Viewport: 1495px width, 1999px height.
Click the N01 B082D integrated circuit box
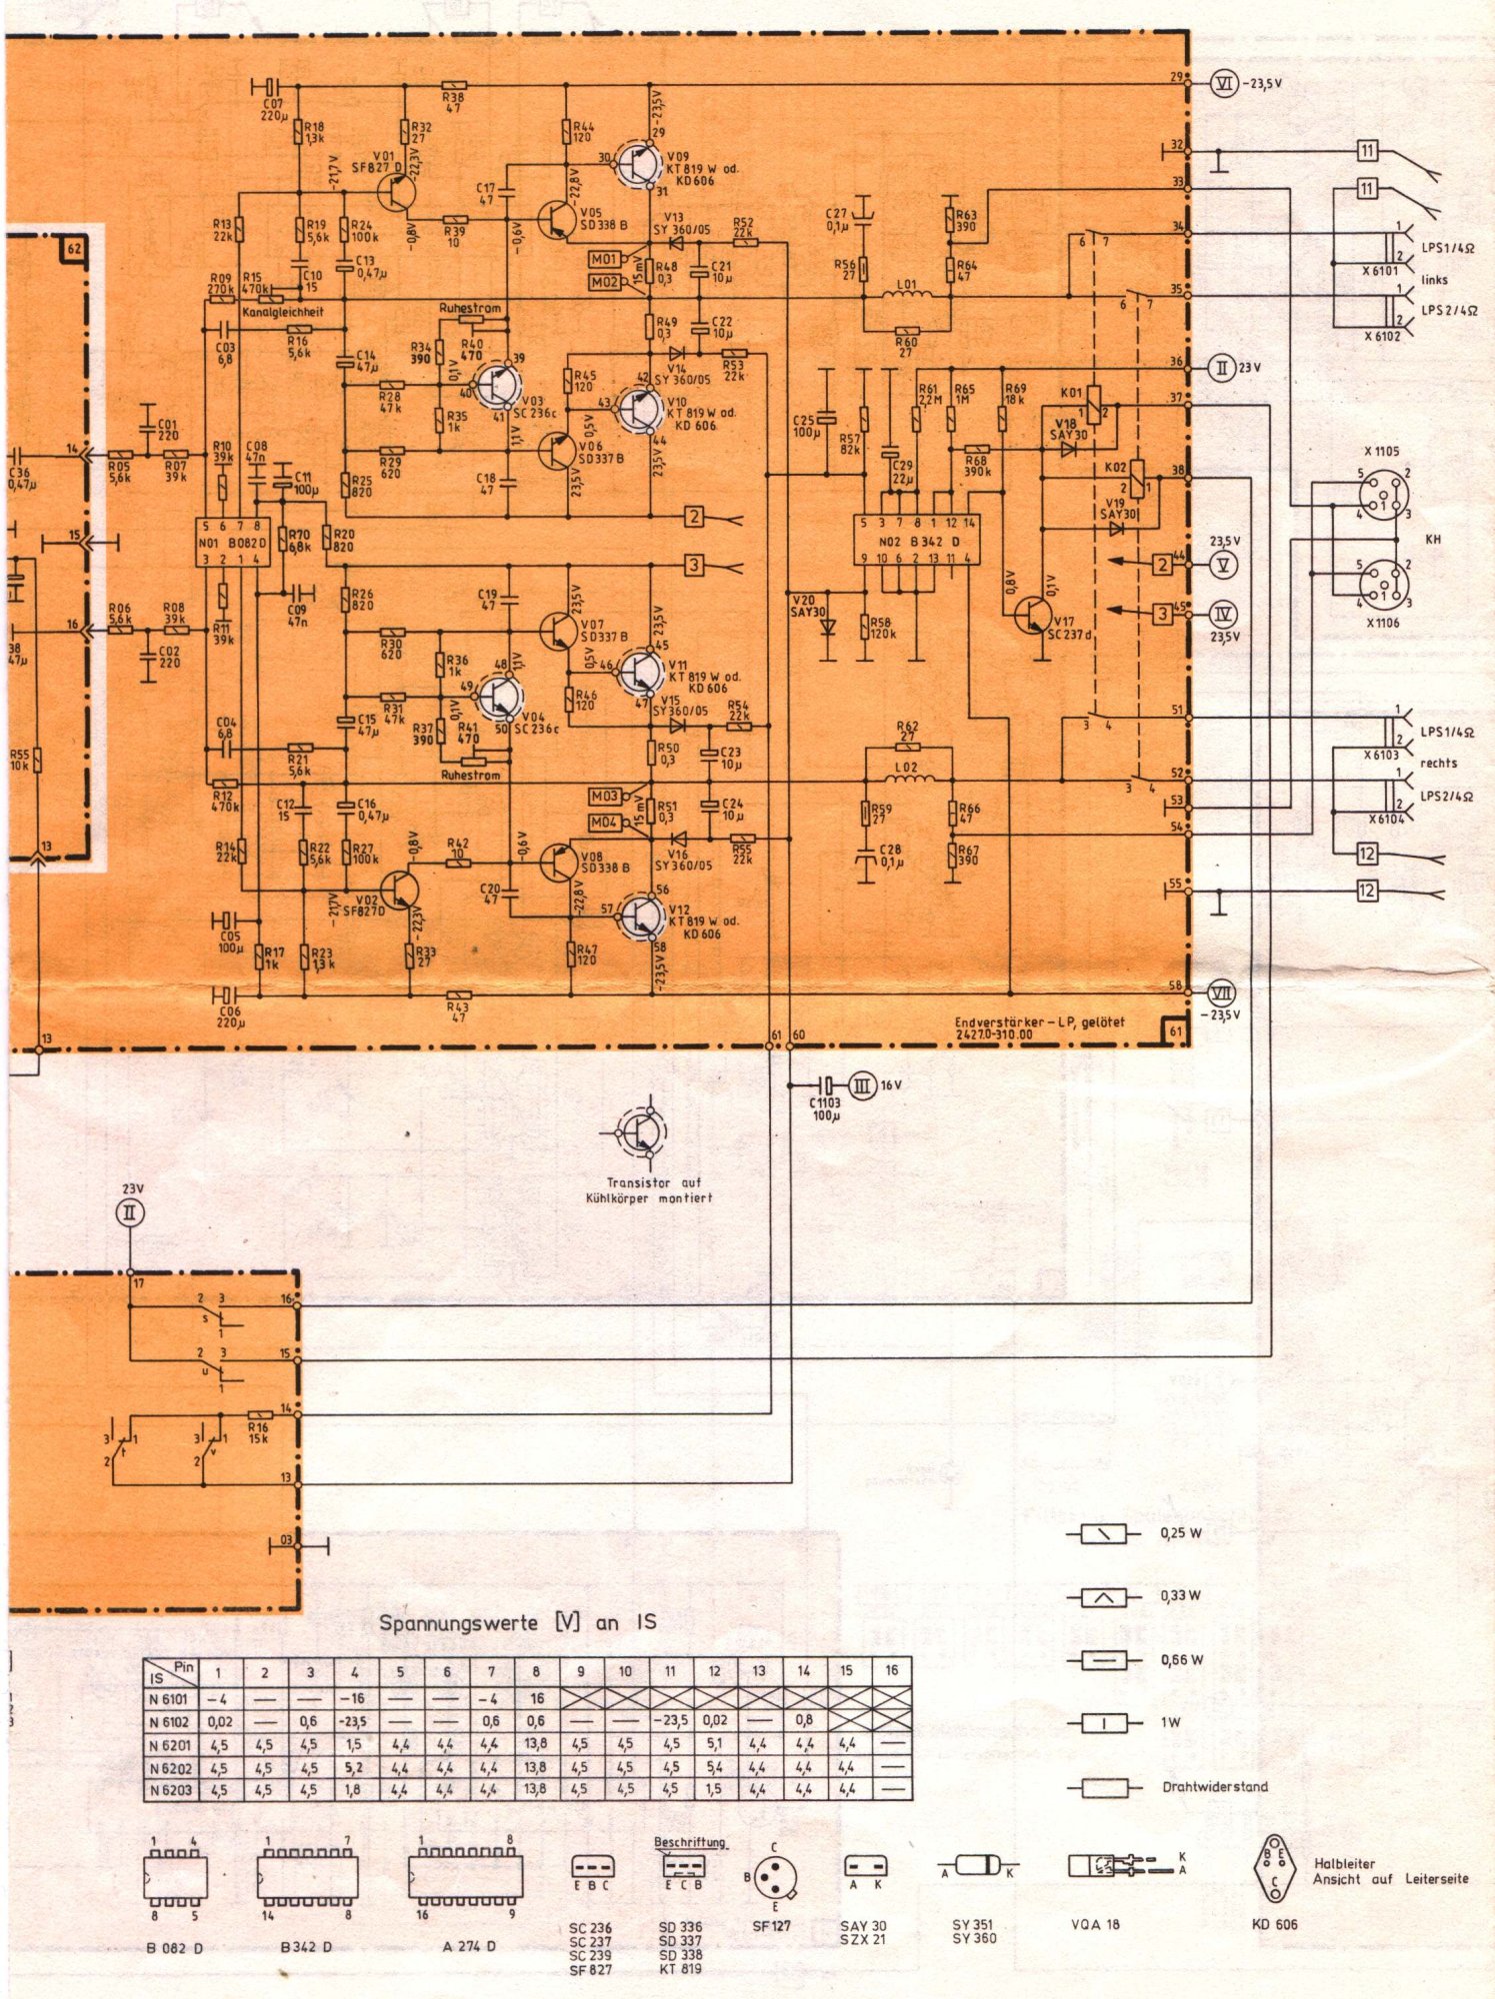click(x=233, y=543)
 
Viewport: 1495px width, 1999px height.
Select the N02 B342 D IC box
click(x=914, y=541)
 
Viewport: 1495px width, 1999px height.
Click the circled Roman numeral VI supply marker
click(x=1224, y=84)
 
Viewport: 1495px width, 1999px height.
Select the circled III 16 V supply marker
click(x=863, y=1084)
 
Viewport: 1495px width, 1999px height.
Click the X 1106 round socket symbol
click(x=1382, y=583)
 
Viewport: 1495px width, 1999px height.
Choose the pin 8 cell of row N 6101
click(x=535, y=1697)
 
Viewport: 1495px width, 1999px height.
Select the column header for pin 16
click(x=891, y=1669)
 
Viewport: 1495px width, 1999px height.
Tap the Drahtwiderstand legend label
click(x=1214, y=1786)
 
